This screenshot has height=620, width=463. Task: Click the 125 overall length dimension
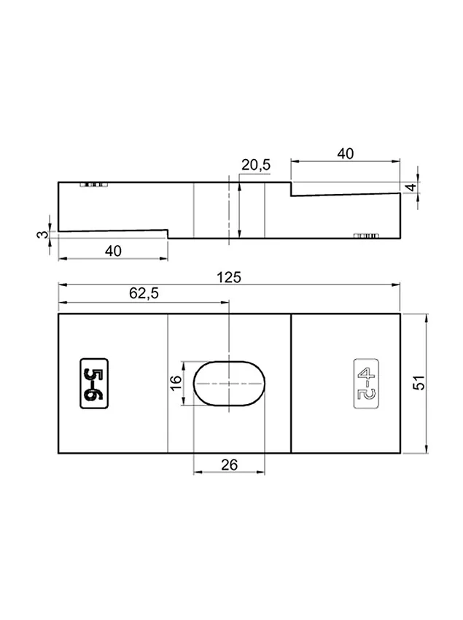[x=228, y=277]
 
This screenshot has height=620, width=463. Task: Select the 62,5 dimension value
[x=144, y=293]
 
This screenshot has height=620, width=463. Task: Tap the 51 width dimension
[x=419, y=382]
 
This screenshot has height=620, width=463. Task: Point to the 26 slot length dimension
[x=230, y=465]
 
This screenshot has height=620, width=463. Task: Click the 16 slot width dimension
[x=176, y=382]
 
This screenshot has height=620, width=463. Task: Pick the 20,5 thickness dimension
[x=256, y=165]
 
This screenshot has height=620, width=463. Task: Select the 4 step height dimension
[x=412, y=187]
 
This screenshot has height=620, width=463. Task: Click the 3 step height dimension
[x=43, y=234]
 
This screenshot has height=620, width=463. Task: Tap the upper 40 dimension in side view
[x=345, y=153]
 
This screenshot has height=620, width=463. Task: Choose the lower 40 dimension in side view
[x=113, y=251]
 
